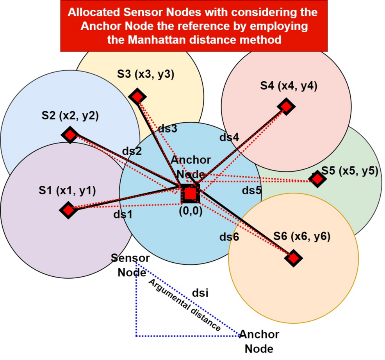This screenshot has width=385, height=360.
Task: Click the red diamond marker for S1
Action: [68, 210]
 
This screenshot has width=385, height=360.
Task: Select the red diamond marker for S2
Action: [70, 135]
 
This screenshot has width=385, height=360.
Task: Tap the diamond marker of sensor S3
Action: [137, 96]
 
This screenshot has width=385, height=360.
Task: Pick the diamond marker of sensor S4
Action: [286, 106]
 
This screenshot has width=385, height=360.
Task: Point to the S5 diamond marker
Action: [317, 179]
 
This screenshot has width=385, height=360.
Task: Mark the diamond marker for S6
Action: [293, 258]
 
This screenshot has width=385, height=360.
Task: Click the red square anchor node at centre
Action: [190, 193]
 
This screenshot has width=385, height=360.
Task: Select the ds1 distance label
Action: [123, 215]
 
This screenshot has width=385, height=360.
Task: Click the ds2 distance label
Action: [132, 151]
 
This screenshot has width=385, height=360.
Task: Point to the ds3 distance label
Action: [168, 128]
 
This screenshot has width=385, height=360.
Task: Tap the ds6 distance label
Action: [229, 237]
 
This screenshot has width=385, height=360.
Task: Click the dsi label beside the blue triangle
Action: [201, 293]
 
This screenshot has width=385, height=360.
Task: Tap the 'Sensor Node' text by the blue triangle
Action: [130, 265]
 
